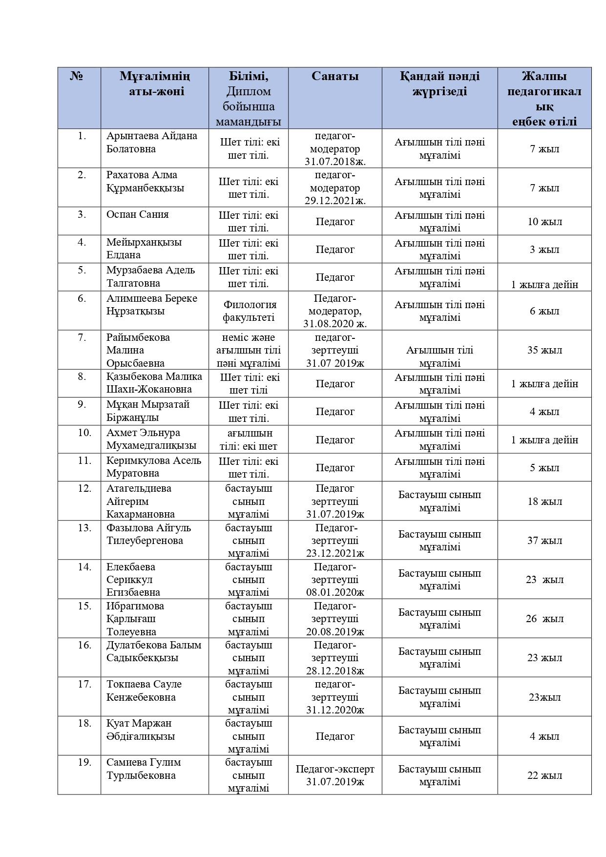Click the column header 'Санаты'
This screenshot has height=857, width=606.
[335, 77]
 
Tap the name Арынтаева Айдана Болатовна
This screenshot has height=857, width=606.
[151, 142]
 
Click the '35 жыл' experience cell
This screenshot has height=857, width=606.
[544, 350]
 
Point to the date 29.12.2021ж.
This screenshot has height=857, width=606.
[335, 201]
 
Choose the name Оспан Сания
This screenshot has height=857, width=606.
[137, 214]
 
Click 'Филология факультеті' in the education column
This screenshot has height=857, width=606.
[249, 311]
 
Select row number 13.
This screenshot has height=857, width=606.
[84, 528]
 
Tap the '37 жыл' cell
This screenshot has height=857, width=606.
[544, 541]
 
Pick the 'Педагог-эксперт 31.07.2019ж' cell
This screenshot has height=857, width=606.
[335, 775]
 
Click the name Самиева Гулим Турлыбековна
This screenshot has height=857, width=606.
[143, 769]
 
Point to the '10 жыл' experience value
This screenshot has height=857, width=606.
[544, 222]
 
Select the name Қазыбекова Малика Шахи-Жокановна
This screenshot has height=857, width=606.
[154, 383]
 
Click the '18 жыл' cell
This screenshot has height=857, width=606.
[544, 502]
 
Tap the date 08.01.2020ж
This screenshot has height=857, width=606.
[335, 592]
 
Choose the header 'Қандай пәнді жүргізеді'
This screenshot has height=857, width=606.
[439, 84]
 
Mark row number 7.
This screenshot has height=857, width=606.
[82, 337]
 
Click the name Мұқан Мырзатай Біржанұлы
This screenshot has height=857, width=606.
[147, 411]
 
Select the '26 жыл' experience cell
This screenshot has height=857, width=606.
[544, 619]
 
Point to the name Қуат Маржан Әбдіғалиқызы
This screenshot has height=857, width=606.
[140, 730]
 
